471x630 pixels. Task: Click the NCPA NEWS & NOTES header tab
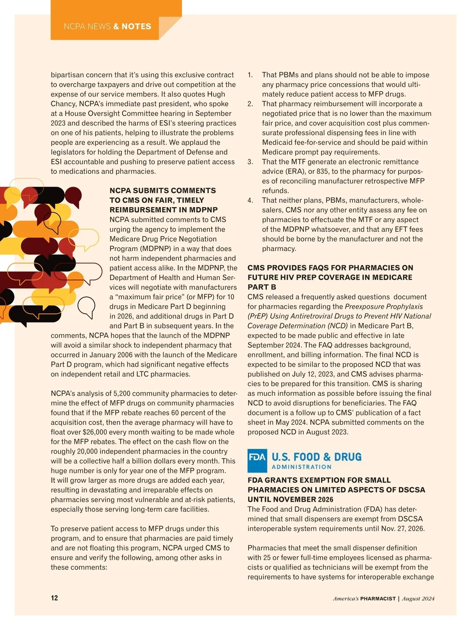[x=107, y=27]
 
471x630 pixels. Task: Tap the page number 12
[x=54, y=598]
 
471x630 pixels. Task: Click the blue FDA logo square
[x=257, y=461]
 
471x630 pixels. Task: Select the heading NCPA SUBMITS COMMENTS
[x=162, y=191]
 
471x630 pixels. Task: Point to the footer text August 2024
[x=418, y=599]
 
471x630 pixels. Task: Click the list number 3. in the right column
[x=250, y=162]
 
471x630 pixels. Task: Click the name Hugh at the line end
[x=215, y=94]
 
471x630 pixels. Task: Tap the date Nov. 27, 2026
[x=402, y=529]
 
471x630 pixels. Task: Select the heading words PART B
[x=262, y=287]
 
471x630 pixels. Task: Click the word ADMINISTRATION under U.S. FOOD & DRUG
[x=301, y=467]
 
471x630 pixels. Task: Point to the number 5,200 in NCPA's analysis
[x=122, y=393]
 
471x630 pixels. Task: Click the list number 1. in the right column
[x=250, y=75]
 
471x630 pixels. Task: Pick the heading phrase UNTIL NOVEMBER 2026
[x=290, y=500]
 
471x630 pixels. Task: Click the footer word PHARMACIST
[x=378, y=599]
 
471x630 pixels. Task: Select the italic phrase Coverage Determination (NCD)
[x=298, y=326]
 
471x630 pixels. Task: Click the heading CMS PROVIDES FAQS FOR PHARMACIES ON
[x=330, y=268]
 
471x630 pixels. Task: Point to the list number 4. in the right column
[x=250, y=200]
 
